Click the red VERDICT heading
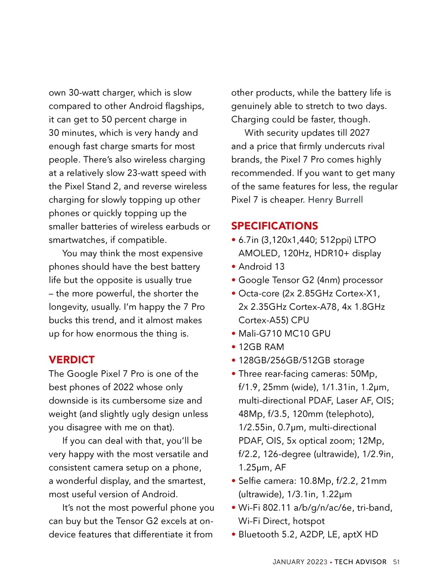[71, 360]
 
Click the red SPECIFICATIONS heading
[274, 226]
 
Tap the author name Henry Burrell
[335, 200]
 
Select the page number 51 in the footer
[396, 562]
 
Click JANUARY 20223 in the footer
[300, 562]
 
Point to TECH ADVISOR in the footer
[360, 562]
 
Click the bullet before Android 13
[233, 266]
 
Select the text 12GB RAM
[261, 347]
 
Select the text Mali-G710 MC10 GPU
[284, 334]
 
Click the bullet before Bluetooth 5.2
[233, 534]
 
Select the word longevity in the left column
[70, 307]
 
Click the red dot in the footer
[331, 562]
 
